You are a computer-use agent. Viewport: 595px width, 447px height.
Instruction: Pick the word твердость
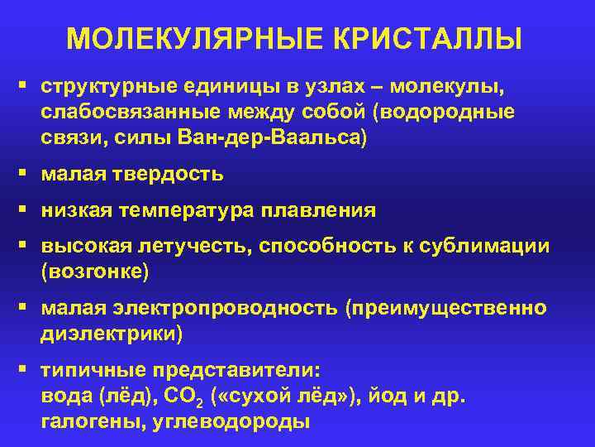[x=171, y=174]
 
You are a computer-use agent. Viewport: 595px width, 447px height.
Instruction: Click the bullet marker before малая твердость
[x=26, y=174]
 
